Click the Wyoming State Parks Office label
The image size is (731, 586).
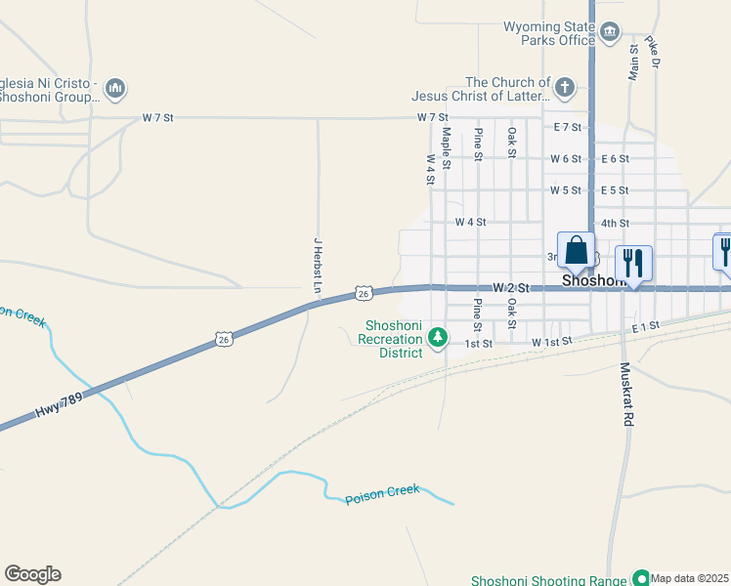[x=548, y=33]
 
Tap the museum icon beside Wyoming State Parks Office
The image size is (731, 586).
[x=610, y=33]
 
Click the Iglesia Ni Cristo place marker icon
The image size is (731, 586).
[x=115, y=90]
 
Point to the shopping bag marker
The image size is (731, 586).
[x=576, y=251]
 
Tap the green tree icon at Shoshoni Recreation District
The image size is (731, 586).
[x=439, y=338]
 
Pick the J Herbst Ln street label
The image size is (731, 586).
[x=317, y=264]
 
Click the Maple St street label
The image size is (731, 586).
[x=445, y=147]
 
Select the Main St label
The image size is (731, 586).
[x=633, y=60]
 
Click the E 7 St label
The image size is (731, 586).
[x=568, y=127]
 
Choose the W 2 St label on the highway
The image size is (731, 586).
[x=510, y=288]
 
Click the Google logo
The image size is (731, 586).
[x=32, y=574]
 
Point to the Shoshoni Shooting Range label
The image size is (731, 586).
[x=549, y=580]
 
